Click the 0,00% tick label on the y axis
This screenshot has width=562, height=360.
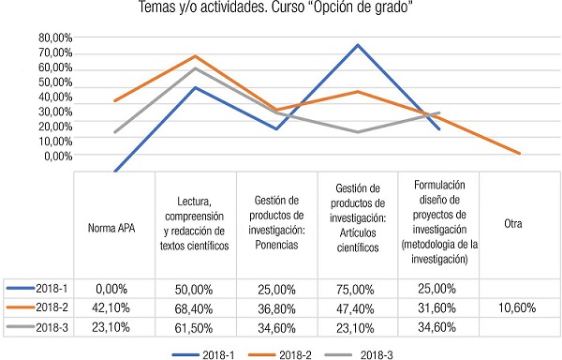coord(54,157)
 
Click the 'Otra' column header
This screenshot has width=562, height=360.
coord(512,225)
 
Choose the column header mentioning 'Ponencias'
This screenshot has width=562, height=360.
coord(276,226)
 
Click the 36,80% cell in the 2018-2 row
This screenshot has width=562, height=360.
coord(276,306)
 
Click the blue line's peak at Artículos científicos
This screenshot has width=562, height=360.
coord(358,45)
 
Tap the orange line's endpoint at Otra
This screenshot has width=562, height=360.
coord(519,154)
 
